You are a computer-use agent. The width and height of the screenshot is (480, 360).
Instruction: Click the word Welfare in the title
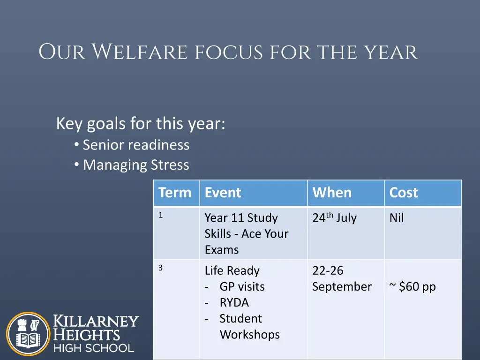point(140,52)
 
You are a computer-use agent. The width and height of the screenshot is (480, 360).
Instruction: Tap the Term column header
point(175,193)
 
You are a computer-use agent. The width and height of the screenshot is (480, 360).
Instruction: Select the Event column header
point(223,193)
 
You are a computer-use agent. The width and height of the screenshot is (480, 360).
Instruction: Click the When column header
point(332,193)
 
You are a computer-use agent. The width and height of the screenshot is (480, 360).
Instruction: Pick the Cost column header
point(404,193)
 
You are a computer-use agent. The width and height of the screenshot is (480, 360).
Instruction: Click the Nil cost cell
point(397,217)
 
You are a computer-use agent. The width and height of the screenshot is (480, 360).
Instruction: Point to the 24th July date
point(334,217)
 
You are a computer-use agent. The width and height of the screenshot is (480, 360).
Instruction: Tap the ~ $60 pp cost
point(412,287)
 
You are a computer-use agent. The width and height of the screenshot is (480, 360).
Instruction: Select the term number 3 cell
point(160,268)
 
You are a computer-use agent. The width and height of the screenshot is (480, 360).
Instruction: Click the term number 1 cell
point(160,215)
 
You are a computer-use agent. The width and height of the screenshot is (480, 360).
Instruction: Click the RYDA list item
point(234,302)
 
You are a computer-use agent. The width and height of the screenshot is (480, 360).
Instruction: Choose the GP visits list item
point(242,286)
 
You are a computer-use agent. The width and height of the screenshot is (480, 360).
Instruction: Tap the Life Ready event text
point(232,271)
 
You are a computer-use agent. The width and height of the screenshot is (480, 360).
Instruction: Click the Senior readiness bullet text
point(136,145)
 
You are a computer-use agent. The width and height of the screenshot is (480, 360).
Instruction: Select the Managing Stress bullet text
point(136,165)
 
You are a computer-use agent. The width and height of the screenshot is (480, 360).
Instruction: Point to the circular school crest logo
point(28,334)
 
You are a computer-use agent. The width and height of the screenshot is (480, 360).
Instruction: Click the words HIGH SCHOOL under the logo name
point(94,348)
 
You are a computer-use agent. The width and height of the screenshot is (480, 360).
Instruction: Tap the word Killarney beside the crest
point(96,321)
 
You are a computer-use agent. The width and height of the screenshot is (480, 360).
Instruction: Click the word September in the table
point(342,287)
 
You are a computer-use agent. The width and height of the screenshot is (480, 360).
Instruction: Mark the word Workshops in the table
point(250,335)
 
